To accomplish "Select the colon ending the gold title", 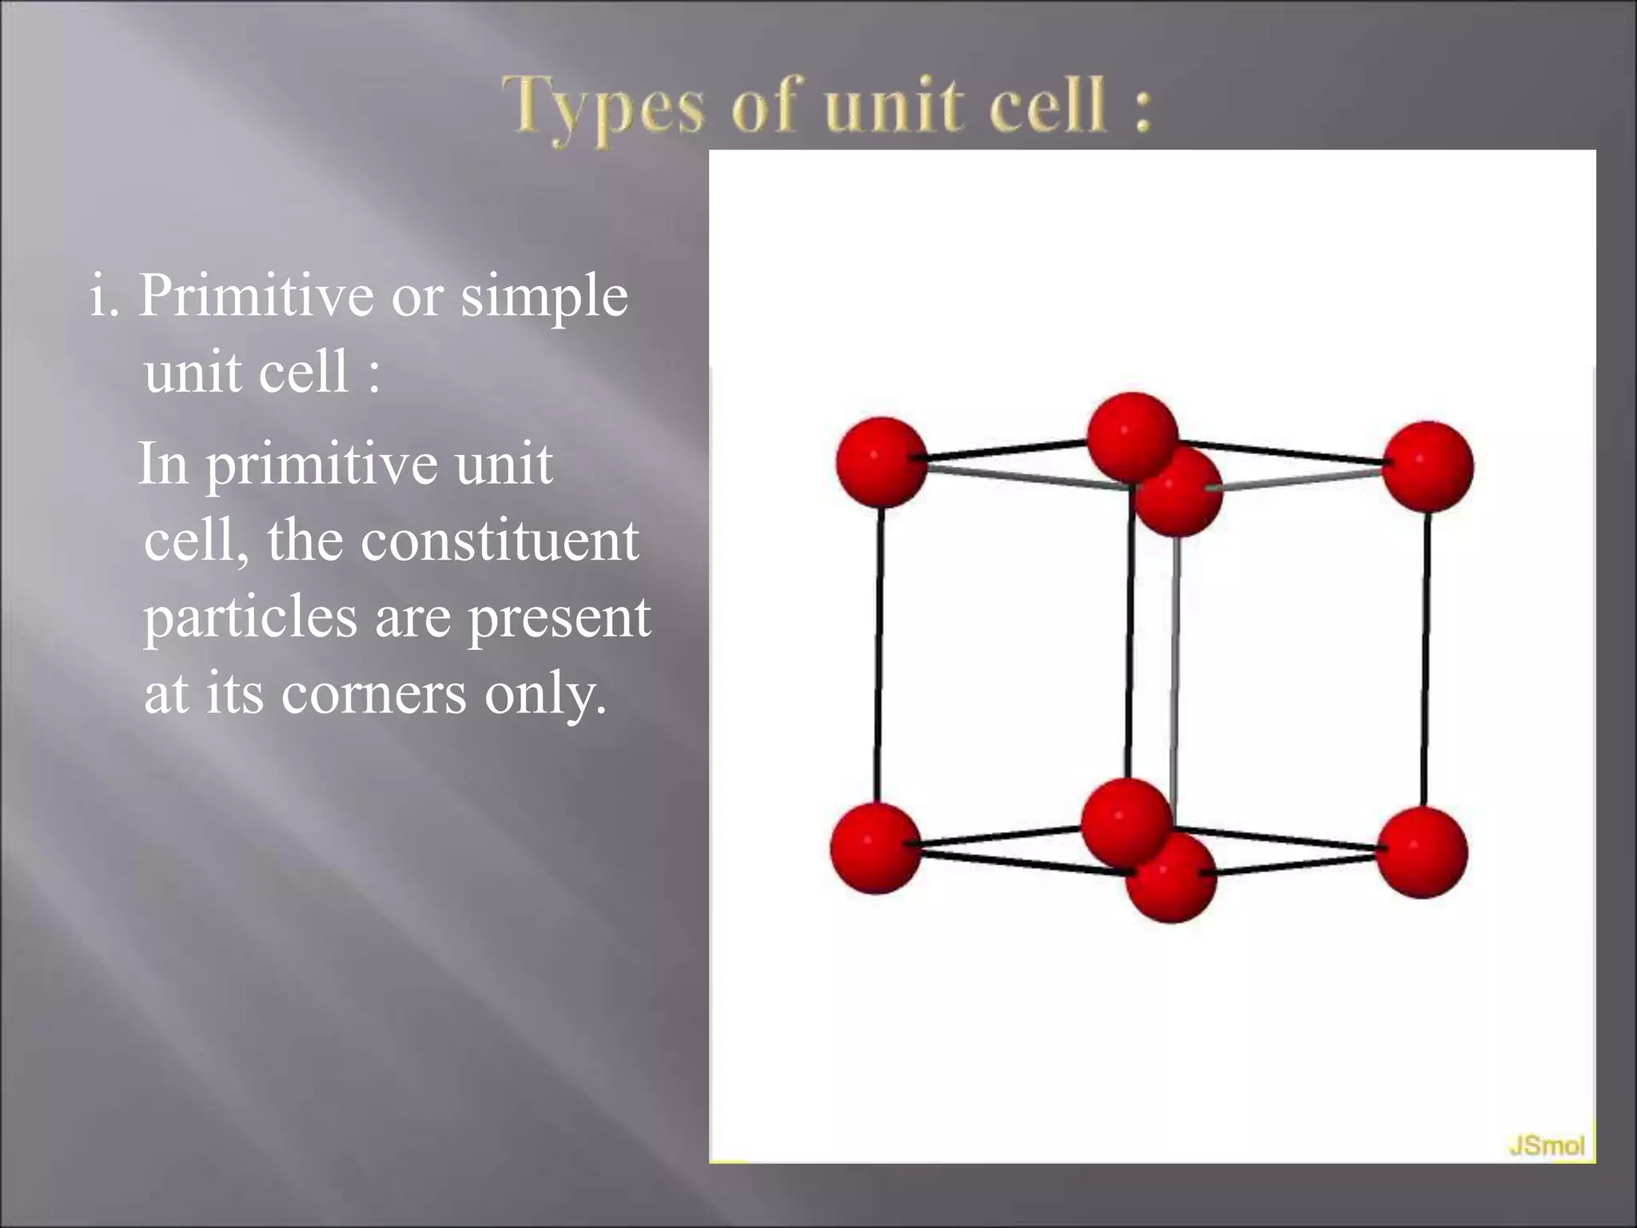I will pyautogui.click(x=1142, y=108).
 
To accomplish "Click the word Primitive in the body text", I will pyautogui.click(x=256, y=296).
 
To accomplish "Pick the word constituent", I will pyautogui.click(x=500, y=540).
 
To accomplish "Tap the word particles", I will pyautogui.click(x=250, y=617).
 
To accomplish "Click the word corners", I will pyautogui.click(x=373, y=692).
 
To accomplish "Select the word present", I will pyautogui.click(x=559, y=617).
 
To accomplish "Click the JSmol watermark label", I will pyautogui.click(x=1546, y=1146).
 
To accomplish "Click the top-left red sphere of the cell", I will pyautogui.click(x=881, y=461).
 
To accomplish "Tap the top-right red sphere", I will pyautogui.click(x=1428, y=465).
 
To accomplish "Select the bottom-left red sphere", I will pyautogui.click(x=875, y=848).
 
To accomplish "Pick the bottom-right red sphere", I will pyautogui.click(x=1421, y=851).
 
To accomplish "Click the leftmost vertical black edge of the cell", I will pyautogui.click(x=878, y=656).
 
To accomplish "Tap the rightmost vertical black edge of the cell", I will pyautogui.click(x=1425, y=660).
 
